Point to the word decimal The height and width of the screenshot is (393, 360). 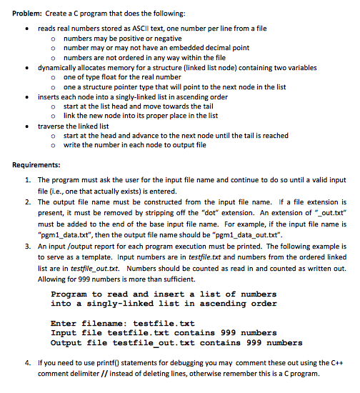(x=214, y=48)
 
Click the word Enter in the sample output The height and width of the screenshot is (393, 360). (x=64, y=324)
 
